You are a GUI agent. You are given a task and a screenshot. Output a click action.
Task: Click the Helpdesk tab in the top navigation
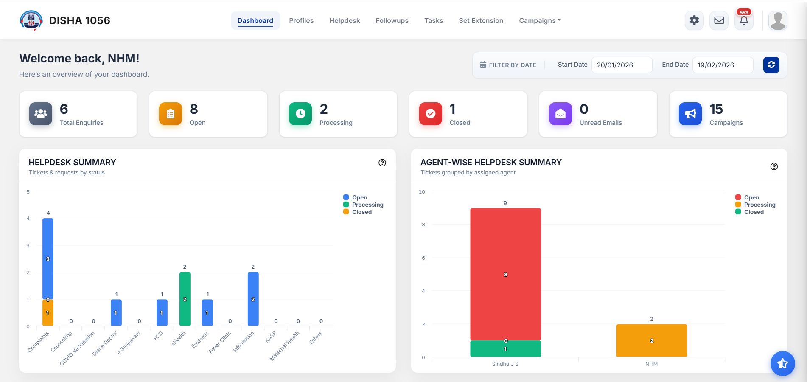pos(344,20)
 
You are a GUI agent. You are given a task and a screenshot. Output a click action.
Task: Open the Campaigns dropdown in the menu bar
pos(539,20)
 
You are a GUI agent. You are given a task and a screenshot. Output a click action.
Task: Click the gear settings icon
pos(694,20)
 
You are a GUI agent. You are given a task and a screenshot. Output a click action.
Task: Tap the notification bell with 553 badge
pos(744,20)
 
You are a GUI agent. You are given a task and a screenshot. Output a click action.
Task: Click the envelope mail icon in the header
pos(719,20)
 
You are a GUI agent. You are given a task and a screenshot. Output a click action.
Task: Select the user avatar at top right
pos(777,20)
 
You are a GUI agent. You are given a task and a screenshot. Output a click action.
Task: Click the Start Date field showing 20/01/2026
pos(621,65)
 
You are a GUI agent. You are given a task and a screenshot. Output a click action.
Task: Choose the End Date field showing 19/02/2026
pos(722,65)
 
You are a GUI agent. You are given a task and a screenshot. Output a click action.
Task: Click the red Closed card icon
pos(430,114)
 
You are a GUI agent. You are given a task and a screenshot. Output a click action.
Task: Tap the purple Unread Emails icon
pos(560,114)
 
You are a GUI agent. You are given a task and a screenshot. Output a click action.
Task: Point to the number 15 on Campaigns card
pos(716,109)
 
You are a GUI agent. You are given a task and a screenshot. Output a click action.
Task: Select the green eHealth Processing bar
pos(185,299)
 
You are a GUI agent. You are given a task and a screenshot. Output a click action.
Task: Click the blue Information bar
pos(253,299)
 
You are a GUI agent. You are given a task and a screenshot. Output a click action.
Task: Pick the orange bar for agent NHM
pos(651,340)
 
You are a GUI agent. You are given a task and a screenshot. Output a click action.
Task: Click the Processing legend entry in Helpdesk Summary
pos(367,205)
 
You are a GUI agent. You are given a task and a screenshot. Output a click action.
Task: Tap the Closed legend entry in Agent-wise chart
pos(754,212)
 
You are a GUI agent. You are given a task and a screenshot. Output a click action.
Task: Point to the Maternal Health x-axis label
pos(285,345)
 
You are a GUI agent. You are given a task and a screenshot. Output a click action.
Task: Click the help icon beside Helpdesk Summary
pos(382,163)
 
